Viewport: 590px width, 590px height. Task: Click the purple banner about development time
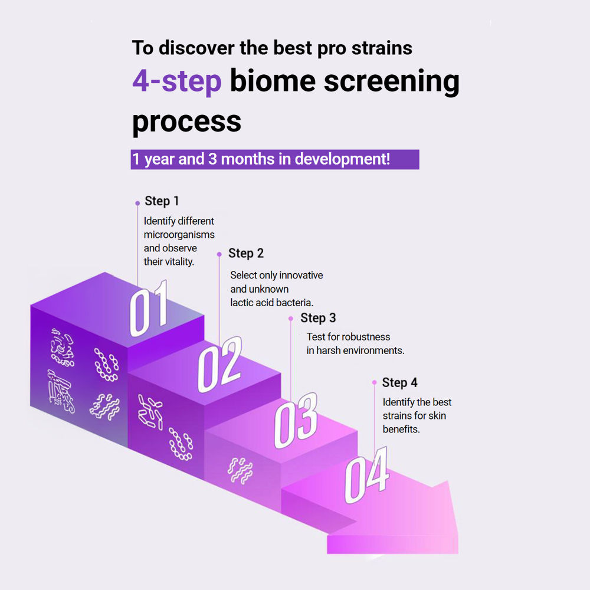point(275,159)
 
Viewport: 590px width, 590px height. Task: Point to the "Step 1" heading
point(162,201)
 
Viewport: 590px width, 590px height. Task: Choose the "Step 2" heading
point(245,253)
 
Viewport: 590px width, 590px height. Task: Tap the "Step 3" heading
point(318,318)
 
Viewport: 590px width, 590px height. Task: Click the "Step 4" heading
point(399,383)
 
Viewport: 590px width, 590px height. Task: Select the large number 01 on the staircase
point(149,309)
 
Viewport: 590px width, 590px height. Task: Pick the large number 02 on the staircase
point(219,364)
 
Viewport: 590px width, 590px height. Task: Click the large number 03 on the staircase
point(296,421)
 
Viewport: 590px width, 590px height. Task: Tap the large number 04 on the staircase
point(366,475)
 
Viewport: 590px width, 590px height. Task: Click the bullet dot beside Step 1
point(137,203)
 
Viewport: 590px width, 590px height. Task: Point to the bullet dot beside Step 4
point(375,382)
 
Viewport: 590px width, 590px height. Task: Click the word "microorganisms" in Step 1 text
point(179,235)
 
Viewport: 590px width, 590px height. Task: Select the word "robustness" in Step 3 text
point(366,337)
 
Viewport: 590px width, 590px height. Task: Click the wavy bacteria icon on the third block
point(241,470)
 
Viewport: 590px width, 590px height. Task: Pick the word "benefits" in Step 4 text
point(401,430)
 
